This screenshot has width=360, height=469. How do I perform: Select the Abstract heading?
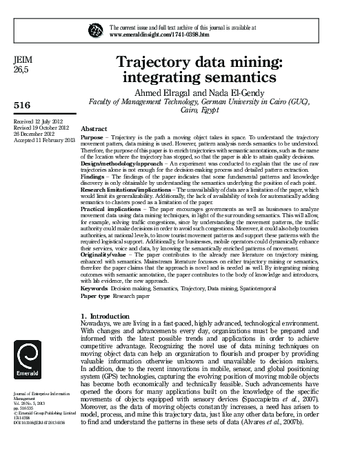[x=94, y=129]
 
